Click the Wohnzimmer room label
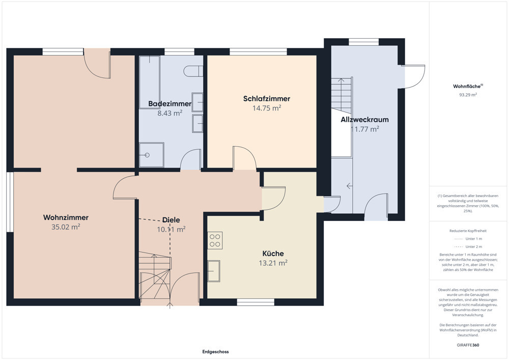pos(66,217)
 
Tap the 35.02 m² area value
pos(66,227)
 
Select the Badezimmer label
pos(170,104)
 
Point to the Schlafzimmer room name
pos(267,99)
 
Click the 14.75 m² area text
pos(267,108)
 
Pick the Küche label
pos(273,254)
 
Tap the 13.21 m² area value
pos(273,263)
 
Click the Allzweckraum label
pos(364,120)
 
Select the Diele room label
pos(171,220)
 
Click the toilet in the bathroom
pos(193,71)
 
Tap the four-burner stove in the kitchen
pos(215,240)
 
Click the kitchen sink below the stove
pos(214,271)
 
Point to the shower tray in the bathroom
pos(151,155)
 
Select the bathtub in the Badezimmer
pos(150,82)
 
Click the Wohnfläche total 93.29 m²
pos(468,95)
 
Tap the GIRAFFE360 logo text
pos(468,345)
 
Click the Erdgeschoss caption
pos(215,351)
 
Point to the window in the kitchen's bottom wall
pos(256,302)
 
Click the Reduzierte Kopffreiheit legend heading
pos(468,231)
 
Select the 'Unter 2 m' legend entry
pos(468,247)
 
